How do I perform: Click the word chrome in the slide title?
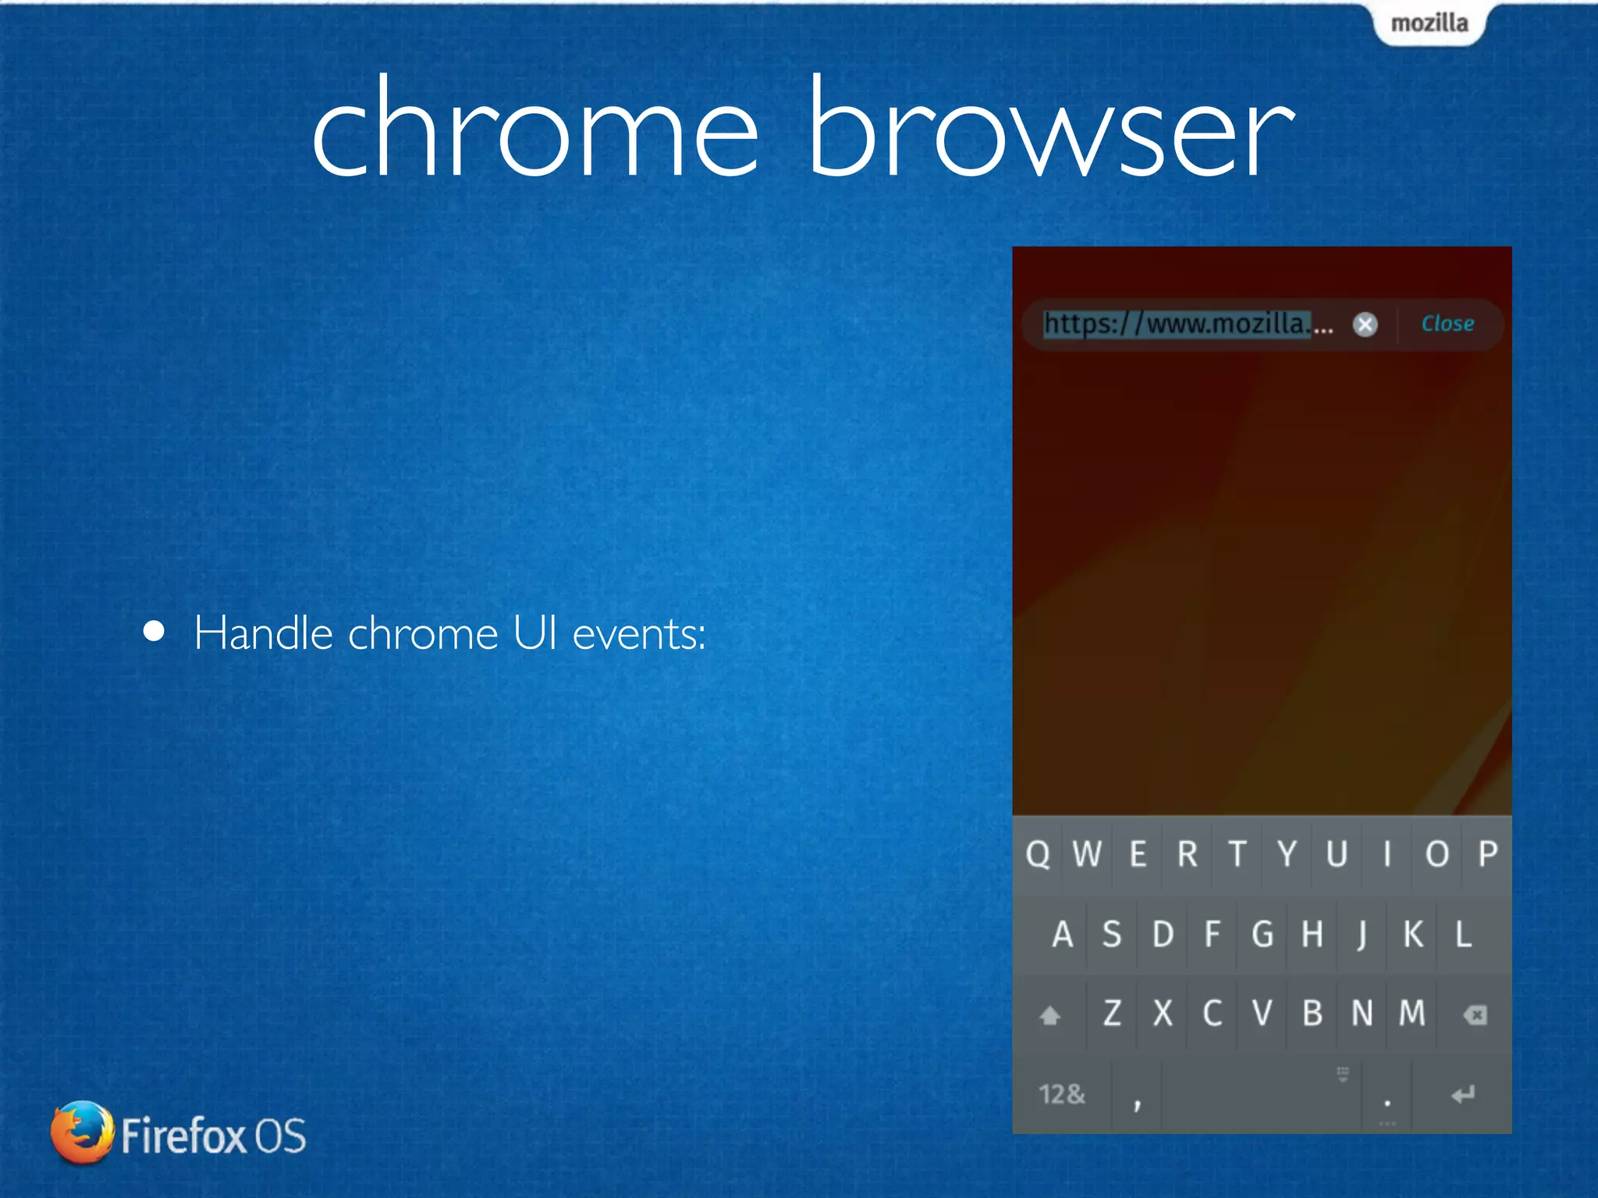534,129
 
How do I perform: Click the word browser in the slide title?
1049,129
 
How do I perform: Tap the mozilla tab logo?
1429,23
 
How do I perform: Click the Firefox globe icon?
81,1132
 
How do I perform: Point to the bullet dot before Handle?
154,631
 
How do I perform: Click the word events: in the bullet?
639,633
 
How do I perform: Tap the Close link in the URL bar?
1447,324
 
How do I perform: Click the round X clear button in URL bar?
1365,324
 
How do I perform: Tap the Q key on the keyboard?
1038,855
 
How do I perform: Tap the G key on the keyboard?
1262,934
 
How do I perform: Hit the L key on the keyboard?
1463,934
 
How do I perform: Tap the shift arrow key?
1049,1015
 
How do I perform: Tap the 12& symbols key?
1061,1094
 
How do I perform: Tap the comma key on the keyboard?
1137,1100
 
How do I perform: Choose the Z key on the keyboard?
1112,1014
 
